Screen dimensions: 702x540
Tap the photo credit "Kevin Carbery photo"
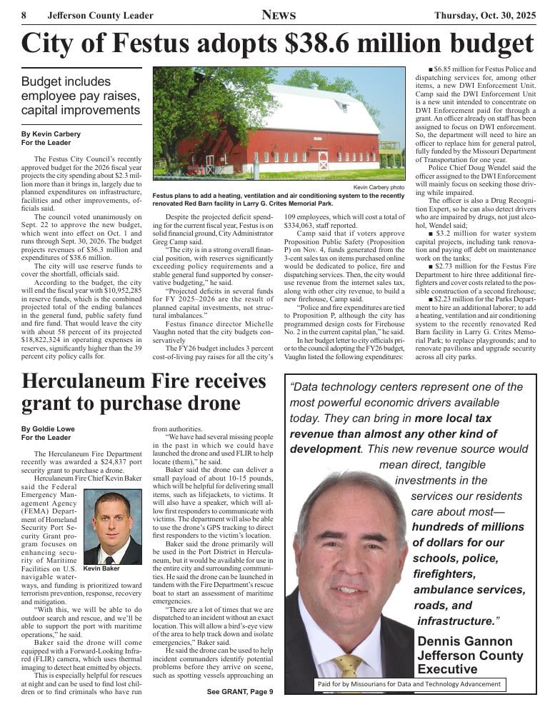coord(379,187)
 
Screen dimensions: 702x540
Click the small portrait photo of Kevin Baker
coord(112,526)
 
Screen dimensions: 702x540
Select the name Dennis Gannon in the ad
coord(465,641)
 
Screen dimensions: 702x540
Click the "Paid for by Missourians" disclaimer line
coord(409,685)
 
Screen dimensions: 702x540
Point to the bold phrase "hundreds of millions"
coord(468,528)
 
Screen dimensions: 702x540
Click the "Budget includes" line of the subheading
coord(66,81)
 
